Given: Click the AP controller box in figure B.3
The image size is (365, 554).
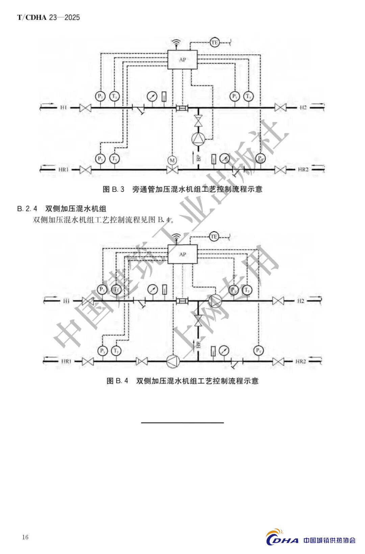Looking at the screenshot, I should [x=182, y=60].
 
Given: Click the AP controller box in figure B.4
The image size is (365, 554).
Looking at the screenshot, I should [x=182, y=254].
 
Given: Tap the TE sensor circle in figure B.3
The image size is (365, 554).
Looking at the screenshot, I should [x=214, y=43].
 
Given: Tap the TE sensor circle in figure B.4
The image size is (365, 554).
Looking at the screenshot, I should [x=214, y=237].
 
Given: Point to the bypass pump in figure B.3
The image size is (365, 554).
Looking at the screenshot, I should [x=198, y=139].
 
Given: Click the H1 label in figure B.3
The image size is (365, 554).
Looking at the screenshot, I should [x=64, y=107].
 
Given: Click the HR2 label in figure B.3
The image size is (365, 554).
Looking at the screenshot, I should [x=303, y=169].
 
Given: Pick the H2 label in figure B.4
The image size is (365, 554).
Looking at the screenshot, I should [x=300, y=300].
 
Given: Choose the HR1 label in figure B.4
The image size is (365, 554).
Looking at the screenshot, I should [x=66, y=361].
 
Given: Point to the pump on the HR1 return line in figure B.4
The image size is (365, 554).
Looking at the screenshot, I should [x=173, y=361].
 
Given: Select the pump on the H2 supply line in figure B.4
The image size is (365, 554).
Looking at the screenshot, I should [x=215, y=300].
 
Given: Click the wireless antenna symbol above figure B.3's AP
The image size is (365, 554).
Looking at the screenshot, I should [x=175, y=43].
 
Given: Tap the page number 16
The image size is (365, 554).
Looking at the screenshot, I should [x=25, y=537].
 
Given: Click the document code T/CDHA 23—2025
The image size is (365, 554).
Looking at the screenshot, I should [x=49, y=17].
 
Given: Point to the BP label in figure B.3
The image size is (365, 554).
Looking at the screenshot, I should [x=198, y=158].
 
